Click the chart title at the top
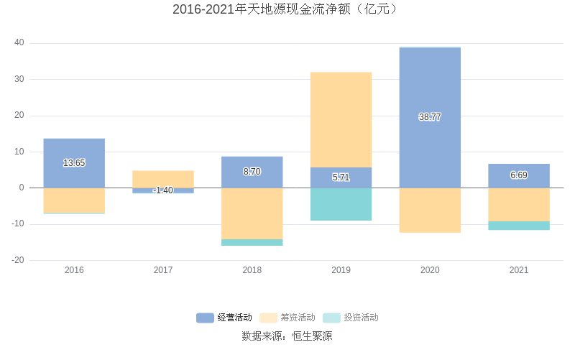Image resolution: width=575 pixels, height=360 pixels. tap(287, 10)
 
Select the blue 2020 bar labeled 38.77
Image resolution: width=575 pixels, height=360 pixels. tap(430, 86)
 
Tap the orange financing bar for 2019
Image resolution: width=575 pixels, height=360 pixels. tap(341, 119)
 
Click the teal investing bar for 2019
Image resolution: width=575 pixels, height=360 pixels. tap(341, 204)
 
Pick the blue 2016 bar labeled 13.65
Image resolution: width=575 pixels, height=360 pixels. tap(74, 151)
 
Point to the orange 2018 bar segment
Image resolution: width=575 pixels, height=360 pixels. tap(252, 213)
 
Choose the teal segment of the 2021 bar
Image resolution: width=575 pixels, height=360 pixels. tap(518, 226)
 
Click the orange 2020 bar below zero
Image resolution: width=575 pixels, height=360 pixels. tap(430, 210)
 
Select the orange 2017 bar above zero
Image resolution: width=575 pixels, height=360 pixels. tap(163, 179)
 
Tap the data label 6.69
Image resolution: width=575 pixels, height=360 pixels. tap(518, 175)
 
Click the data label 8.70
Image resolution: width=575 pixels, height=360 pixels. tap(252, 172)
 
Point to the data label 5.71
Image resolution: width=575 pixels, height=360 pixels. tap(341, 177)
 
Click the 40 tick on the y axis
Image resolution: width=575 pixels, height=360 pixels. tap(19, 43)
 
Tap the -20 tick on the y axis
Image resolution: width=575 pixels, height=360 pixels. tap(17, 260)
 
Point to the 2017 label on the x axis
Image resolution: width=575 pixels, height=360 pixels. tap(163, 270)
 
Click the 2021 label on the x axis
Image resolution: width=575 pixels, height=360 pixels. tap(518, 270)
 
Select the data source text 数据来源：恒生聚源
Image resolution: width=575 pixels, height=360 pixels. tap(287, 336)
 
